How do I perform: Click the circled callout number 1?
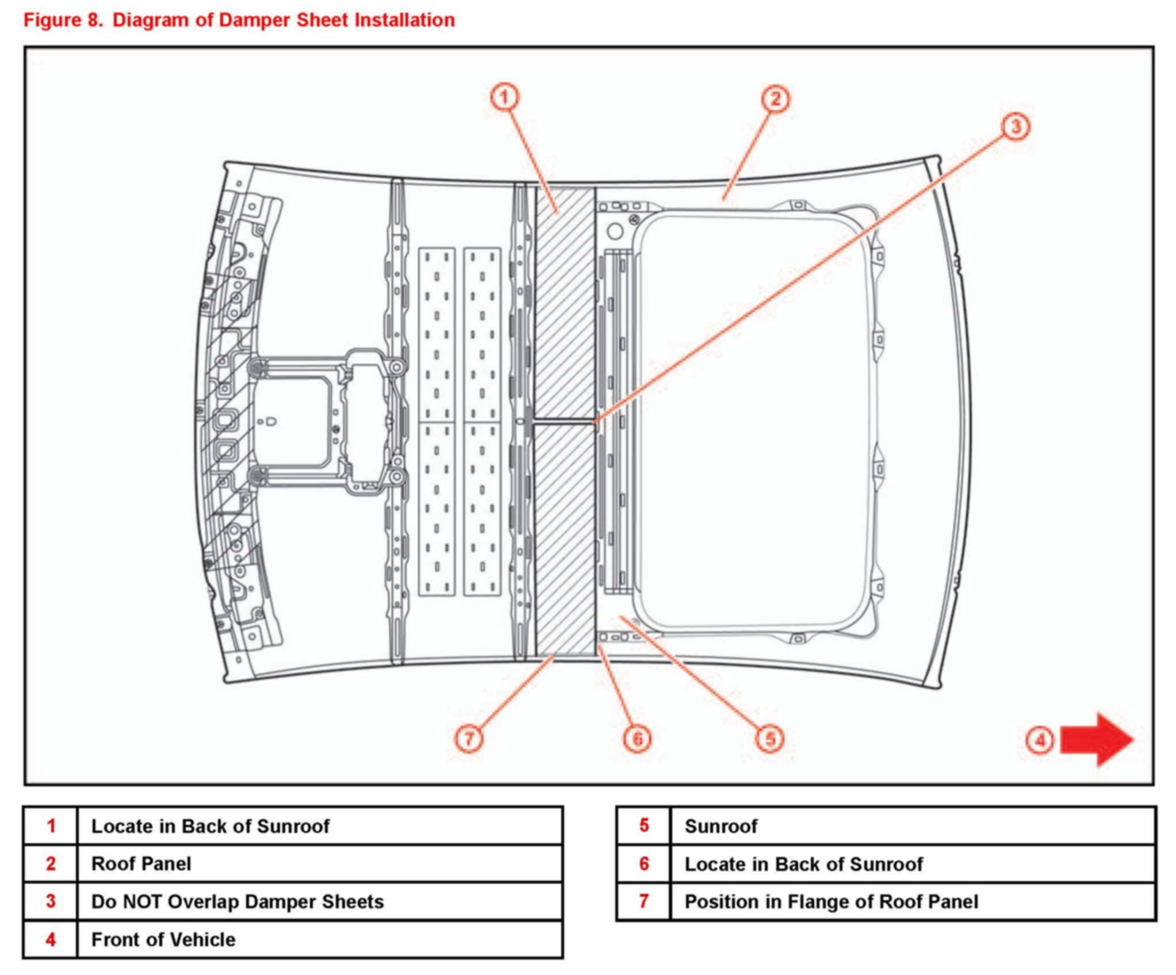[504, 97]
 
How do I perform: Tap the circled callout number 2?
[775, 99]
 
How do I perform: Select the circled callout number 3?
[1016, 126]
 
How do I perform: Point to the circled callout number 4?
[1040, 740]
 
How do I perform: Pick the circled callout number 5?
[770, 739]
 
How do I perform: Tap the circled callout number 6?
[637, 739]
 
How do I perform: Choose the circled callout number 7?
[469, 738]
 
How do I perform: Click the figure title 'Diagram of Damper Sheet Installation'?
[284, 20]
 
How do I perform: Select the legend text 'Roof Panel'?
[141, 863]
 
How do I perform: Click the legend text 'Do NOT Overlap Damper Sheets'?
[238, 901]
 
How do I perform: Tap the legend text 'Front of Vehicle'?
[163, 939]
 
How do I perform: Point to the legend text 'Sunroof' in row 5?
[721, 826]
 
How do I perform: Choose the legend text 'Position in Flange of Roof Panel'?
[831, 901]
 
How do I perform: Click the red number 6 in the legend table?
[644, 863]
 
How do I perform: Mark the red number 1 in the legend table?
[51, 826]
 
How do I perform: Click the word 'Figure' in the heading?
[52, 20]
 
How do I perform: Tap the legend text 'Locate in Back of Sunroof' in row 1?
[210, 826]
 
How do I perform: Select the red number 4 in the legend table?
[51, 939]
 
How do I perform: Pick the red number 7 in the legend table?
[644, 901]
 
